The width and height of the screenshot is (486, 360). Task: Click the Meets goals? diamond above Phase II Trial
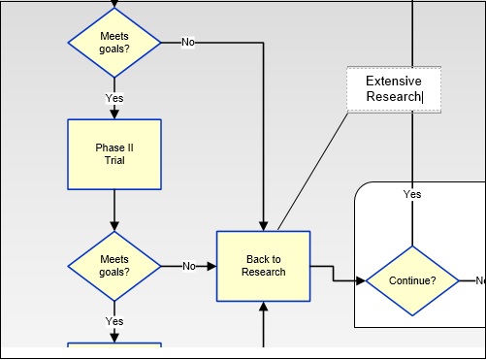coord(114,43)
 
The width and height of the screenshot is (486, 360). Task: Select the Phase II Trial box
coord(114,154)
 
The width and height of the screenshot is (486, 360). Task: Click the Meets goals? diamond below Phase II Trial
coord(114,266)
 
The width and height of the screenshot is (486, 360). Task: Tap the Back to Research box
coord(263,266)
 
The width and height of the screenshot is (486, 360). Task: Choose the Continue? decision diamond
coord(411,281)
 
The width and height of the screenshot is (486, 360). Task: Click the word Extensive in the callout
coord(394,82)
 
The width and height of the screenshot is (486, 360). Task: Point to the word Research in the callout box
coord(393,97)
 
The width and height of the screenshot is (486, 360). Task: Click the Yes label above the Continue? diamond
coord(412,194)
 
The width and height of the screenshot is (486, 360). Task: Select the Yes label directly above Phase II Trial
coord(114,98)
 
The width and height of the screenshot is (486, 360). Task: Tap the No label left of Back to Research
coord(189,266)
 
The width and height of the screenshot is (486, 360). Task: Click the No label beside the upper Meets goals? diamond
coord(187,43)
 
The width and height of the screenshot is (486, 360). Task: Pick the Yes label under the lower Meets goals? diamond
coord(114,321)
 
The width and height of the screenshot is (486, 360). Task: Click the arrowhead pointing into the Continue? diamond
coord(360,281)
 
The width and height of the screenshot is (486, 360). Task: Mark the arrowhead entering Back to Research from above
coord(263,225)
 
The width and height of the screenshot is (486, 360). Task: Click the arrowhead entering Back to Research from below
coord(263,307)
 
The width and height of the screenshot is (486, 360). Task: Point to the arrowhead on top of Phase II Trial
coord(114,114)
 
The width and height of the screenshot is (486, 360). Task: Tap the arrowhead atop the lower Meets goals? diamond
coord(114,225)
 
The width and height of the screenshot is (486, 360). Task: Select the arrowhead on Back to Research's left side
coord(211,266)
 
